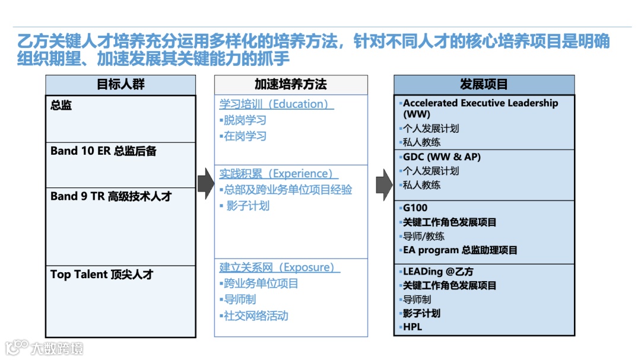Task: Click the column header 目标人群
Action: click(x=120, y=85)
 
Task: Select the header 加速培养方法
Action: click(x=291, y=85)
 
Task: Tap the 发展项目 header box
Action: click(x=484, y=85)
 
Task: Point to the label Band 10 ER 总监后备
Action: click(x=104, y=151)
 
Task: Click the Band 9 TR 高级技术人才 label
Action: click(x=111, y=196)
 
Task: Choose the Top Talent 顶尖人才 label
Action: click(x=101, y=275)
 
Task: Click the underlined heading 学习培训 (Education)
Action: click(x=276, y=104)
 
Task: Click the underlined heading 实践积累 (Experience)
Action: click(x=278, y=174)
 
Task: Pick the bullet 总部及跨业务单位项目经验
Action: click(x=287, y=190)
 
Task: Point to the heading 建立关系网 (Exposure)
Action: click(x=280, y=268)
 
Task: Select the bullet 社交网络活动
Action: click(x=255, y=316)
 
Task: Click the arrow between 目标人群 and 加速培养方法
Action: click(x=205, y=183)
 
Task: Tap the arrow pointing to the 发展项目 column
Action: click(x=384, y=183)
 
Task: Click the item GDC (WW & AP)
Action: click(x=442, y=157)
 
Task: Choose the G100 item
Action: click(x=415, y=208)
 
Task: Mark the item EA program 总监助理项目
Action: click(x=460, y=250)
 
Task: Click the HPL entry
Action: click(x=412, y=327)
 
